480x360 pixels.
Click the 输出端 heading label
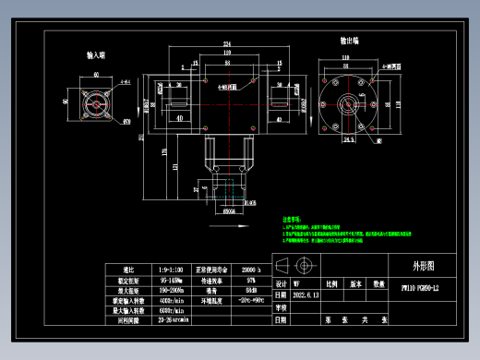350,42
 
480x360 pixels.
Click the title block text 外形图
421,265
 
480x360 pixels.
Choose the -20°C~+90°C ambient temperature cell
249,299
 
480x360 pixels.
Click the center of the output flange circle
350,103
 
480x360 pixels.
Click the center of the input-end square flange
95,102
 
